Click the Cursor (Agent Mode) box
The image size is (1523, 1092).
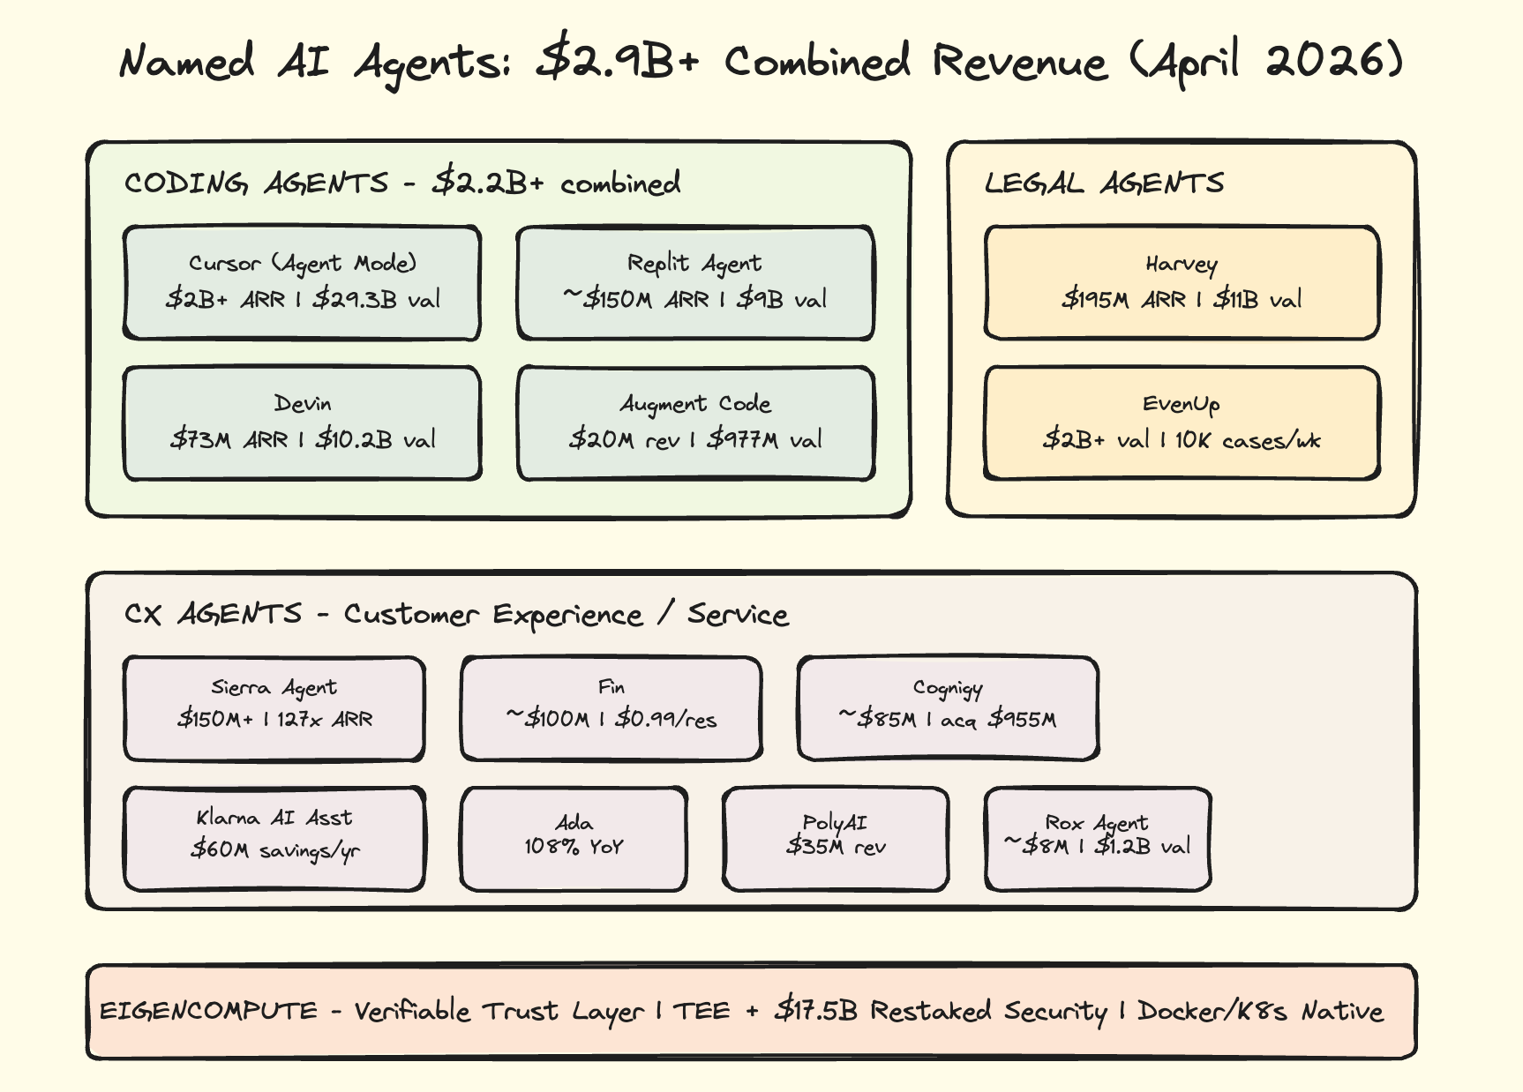(302, 282)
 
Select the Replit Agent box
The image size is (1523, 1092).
(695, 282)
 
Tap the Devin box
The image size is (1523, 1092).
(302, 423)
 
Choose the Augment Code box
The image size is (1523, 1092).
(695, 423)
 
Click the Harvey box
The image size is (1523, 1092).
(1182, 282)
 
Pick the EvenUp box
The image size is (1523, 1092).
(1182, 423)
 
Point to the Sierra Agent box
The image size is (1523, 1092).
(274, 707)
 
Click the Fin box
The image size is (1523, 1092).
(611, 707)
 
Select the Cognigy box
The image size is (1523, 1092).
(948, 707)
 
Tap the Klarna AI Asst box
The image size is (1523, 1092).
(274, 838)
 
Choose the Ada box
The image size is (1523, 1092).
(574, 838)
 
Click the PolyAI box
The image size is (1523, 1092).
(836, 838)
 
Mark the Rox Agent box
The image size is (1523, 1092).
(1097, 838)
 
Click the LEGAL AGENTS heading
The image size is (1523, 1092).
(1104, 183)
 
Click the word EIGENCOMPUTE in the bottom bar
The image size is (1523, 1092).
(208, 1011)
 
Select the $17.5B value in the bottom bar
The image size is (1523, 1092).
(815, 1010)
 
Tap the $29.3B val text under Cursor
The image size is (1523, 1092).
(377, 299)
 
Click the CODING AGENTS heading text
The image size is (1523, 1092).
(256, 183)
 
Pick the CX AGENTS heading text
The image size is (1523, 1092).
(213, 614)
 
